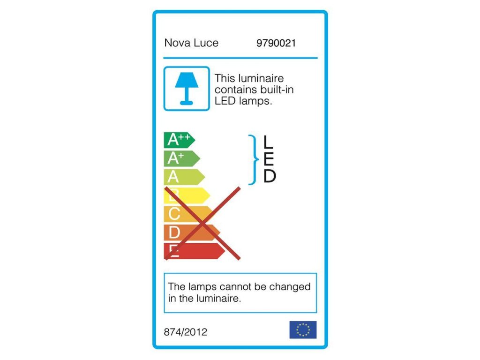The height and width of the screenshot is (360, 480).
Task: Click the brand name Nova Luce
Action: tap(191, 43)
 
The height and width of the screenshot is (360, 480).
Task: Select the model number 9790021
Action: tap(276, 43)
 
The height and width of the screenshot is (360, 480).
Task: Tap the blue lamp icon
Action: tap(187, 89)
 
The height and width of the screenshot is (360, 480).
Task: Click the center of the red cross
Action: tap(202, 223)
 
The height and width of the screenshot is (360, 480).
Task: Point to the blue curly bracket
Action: tap(253, 160)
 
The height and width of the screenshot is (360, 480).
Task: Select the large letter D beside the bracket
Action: tap(269, 176)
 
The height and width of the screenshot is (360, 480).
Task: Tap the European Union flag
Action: tap(303, 330)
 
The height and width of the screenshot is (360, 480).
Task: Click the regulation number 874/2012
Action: tap(186, 332)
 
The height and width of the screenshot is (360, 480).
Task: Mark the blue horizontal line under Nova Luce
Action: tap(240, 58)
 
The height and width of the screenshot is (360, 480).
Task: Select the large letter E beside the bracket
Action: tap(269, 159)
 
